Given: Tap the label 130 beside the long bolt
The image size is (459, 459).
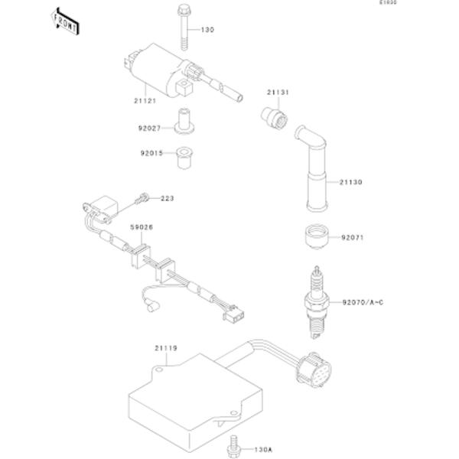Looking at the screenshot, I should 208,30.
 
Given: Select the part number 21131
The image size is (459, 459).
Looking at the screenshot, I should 278,93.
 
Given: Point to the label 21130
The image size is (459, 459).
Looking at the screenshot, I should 352,182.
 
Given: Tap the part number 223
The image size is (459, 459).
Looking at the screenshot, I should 167,198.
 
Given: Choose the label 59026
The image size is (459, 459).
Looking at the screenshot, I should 142,227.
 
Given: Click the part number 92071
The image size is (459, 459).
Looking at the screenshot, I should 353,238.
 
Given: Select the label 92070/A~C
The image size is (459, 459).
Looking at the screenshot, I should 363,303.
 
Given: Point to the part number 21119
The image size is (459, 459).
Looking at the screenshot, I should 165,349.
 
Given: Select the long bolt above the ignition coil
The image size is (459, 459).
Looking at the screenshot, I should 184,25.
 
